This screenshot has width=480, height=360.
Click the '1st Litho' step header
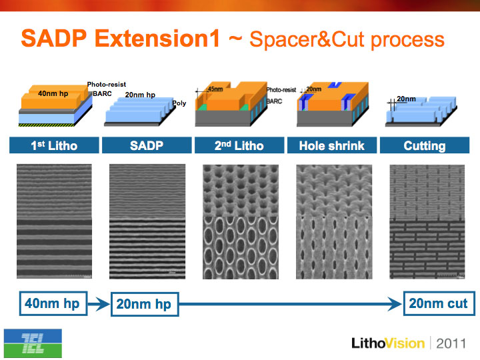(54, 145)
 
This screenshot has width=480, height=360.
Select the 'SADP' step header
(147, 145)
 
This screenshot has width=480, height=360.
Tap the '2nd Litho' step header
(239, 145)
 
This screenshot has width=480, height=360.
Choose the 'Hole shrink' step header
(332, 145)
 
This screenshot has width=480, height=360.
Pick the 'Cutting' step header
(425, 145)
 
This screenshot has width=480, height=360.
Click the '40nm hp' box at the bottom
(53, 303)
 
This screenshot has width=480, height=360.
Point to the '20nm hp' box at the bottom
(145, 304)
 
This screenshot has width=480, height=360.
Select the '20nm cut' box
(439, 303)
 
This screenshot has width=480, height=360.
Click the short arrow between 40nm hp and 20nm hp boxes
(99, 304)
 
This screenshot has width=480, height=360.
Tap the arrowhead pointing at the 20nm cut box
(395, 304)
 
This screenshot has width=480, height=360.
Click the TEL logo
(33, 343)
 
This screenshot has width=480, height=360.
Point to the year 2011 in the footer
(451, 343)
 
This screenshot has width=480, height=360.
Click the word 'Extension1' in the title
(157, 39)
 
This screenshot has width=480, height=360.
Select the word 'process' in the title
(407, 40)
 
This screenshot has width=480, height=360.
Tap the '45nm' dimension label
(215, 89)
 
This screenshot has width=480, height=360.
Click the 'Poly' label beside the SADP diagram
(179, 103)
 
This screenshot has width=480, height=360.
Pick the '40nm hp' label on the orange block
(53, 93)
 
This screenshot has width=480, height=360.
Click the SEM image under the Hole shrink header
(334, 222)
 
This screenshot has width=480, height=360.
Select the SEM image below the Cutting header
(427, 222)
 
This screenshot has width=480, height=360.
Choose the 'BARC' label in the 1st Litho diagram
(102, 94)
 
